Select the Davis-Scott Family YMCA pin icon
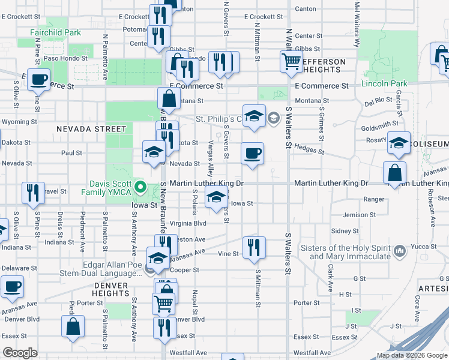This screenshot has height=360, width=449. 140,187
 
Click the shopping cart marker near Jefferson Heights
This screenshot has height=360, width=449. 291,61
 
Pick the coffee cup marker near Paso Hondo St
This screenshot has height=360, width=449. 39,79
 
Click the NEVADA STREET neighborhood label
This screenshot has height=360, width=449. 92,129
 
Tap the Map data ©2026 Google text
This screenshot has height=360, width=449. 411,355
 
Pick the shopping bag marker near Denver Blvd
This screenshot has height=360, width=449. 73,326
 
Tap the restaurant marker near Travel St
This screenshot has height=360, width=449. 32,192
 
